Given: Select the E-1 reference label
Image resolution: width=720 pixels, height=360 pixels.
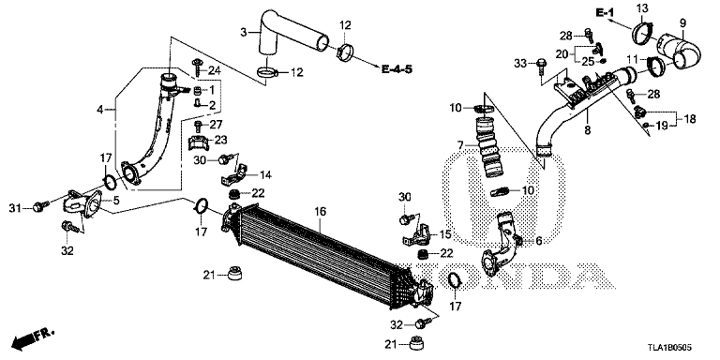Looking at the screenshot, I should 604,11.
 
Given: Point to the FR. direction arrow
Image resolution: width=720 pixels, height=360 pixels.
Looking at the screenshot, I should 31,338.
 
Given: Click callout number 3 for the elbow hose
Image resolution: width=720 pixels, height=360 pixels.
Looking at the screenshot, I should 244,33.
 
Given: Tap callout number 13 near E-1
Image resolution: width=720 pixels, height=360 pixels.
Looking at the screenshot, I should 642,9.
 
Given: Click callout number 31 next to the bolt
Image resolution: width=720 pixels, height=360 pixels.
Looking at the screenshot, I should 13,207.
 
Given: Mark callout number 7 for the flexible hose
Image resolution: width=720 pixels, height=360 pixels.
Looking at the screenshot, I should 460,143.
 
